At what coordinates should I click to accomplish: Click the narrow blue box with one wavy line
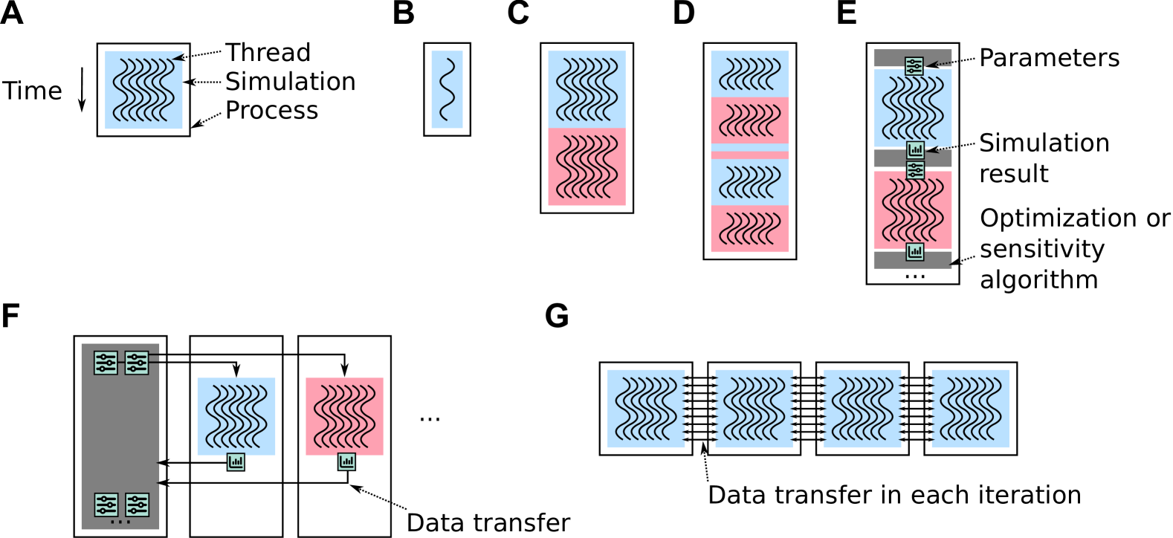click(x=447, y=90)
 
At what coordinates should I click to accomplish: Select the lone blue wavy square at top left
click(x=143, y=90)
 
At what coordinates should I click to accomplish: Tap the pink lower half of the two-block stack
click(x=586, y=166)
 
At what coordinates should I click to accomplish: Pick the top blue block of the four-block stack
click(x=749, y=74)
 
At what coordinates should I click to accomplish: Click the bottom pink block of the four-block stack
click(x=749, y=229)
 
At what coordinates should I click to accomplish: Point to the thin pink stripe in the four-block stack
click(x=749, y=155)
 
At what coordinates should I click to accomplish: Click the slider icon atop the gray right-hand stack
click(x=914, y=66)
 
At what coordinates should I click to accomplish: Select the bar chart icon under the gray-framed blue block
click(x=915, y=149)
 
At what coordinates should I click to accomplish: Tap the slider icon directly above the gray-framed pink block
click(x=915, y=170)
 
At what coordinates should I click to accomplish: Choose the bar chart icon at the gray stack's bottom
click(x=915, y=252)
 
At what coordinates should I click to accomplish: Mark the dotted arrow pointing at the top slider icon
click(x=940, y=64)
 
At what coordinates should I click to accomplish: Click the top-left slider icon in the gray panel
click(x=106, y=363)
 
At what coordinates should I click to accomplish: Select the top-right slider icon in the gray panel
click(x=136, y=363)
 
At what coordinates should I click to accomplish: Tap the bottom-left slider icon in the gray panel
click(x=106, y=505)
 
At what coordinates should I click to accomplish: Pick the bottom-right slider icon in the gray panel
click(x=137, y=505)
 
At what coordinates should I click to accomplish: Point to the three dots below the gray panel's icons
click(x=120, y=522)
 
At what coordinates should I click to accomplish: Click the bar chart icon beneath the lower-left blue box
click(x=236, y=461)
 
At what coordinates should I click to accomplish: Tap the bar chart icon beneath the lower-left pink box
click(x=346, y=461)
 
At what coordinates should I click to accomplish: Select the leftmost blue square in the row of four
click(x=645, y=409)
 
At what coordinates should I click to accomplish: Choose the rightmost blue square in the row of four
click(x=970, y=409)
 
